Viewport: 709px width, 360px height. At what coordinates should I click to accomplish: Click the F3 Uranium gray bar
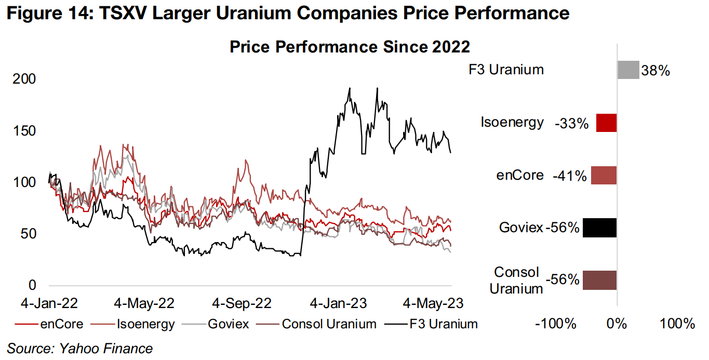point(627,70)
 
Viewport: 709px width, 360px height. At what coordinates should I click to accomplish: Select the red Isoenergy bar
point(606,123)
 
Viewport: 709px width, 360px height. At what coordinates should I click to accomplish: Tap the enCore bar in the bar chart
point(604,175)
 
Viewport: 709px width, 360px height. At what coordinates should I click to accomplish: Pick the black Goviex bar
point(599,228)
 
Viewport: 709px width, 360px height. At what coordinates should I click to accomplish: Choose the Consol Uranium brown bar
point(599,280)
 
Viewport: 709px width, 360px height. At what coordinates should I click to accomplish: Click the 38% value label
point(656,71)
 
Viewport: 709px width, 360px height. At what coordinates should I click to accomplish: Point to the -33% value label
point(571,123)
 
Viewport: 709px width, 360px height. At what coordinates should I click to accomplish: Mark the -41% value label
point(570,176)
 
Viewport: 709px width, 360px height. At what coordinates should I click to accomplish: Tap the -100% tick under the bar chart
point(556,324)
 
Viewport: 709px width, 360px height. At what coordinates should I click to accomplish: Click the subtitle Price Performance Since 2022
point(350,47)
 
